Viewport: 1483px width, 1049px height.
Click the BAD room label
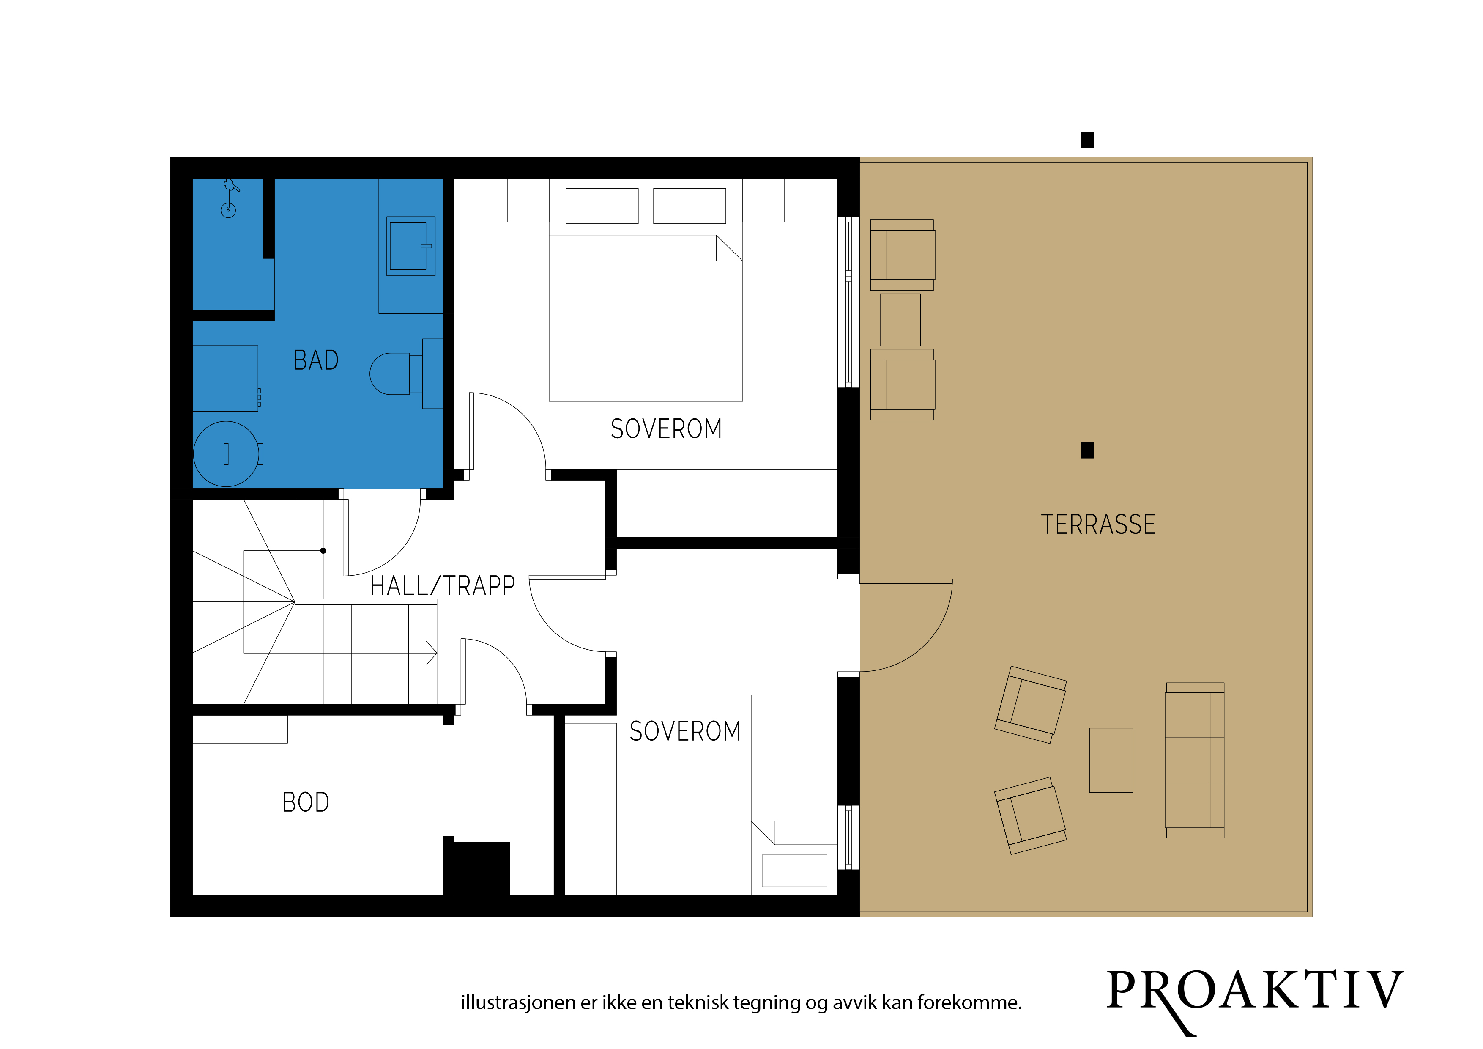pyautogui.click(x=316, y=360)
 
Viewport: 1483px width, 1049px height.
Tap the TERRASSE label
pyautogui.click(x=1098, y=524)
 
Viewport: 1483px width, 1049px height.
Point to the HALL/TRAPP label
pyautogui.click(x=443, y=585)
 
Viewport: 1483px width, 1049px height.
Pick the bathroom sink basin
pyautogui.click(x=411, y=246)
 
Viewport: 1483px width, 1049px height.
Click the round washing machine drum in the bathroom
pyautogui.click(x=226, y=454)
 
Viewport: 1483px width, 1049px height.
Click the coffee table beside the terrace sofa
pyautogui.click(x=1111, y=760)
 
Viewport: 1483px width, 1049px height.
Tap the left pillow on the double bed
pyautogui.click(x=602, y=206)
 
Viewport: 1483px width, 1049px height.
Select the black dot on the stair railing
pyautogui.click(x=323, y=551)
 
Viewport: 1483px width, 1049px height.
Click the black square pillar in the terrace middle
pyautogui.click(x=1087, y=450)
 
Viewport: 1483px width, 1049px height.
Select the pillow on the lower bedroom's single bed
pyautogui.click(x=794, y=871)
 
